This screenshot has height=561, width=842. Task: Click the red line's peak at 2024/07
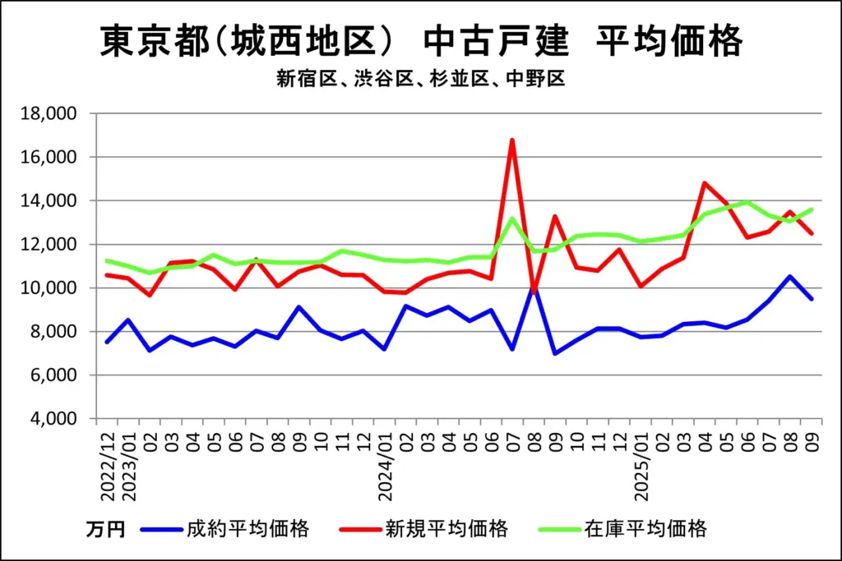512,140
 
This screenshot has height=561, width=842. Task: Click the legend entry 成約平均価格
248,528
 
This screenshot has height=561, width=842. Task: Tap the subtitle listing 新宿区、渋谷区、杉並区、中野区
420,79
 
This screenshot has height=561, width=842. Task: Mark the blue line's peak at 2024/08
534,287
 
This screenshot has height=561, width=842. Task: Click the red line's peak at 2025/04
705,183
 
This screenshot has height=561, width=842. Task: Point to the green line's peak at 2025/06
747,201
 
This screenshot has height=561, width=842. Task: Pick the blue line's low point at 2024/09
555,353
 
